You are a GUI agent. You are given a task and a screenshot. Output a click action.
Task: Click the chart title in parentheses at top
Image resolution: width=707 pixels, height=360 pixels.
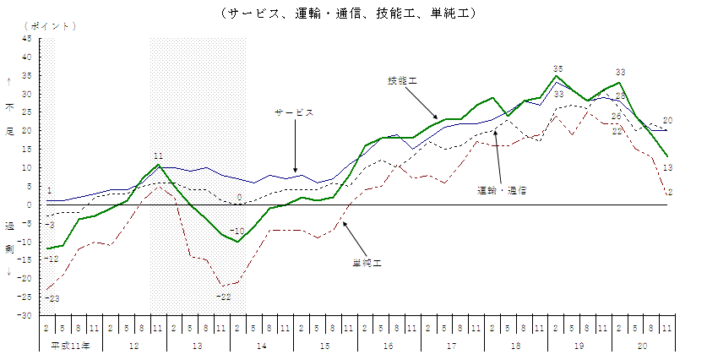pos(348,13)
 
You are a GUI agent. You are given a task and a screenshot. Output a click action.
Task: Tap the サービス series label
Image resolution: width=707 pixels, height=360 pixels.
pos(293,112)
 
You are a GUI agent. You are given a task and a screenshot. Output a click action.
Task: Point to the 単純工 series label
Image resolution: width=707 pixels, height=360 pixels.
pos(367,263)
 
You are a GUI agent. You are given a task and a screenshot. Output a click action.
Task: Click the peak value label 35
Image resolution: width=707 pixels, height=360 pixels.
pos(557,68)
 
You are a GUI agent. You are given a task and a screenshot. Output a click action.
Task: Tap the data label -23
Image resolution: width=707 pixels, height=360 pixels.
pos(53,298)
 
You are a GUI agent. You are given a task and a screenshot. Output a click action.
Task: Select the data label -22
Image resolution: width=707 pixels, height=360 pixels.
pos(224,296)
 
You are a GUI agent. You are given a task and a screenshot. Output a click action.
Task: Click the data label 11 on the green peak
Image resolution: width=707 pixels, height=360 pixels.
pos(158,155)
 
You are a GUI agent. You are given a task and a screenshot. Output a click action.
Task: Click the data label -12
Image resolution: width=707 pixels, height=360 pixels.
pos(52,258)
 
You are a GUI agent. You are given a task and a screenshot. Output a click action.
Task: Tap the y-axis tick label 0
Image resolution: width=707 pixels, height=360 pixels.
pos(30,205)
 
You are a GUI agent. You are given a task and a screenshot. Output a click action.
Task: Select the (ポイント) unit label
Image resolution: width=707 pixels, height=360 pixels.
pos(52,25)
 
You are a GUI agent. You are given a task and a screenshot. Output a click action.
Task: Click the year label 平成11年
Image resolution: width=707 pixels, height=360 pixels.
pos(69,346)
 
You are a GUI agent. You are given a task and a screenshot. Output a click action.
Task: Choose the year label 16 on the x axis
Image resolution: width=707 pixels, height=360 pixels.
pos(388,346)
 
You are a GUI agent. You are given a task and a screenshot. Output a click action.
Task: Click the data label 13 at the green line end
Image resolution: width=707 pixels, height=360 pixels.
pos(667,168)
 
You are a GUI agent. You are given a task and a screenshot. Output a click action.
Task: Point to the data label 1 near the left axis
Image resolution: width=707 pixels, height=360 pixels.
pos(50,191)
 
